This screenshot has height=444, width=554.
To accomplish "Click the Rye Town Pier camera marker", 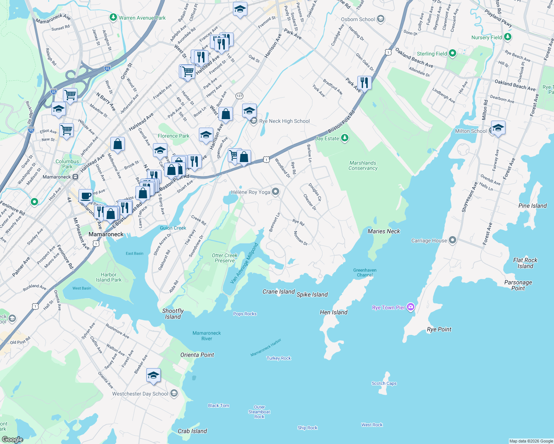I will click(410, 307).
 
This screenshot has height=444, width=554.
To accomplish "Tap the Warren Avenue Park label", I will click(142, 18).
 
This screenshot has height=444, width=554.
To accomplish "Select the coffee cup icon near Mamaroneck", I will click(86, 196).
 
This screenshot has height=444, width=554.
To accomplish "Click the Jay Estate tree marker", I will click(345, 138).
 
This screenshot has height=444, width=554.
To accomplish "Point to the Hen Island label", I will click(334, 312).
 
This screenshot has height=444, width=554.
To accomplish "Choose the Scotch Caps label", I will click(384, 383).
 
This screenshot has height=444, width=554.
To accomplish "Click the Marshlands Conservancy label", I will click(363, 165).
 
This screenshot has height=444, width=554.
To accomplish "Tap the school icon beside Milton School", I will click(498, 128).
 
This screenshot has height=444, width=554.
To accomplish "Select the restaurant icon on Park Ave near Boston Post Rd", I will click(364, 83).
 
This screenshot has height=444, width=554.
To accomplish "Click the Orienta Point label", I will click(197, 355).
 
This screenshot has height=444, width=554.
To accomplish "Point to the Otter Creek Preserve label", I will click(225, 258).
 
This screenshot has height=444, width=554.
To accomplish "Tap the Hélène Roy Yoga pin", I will click(275, 192).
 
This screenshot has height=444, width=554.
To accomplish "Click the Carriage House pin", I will click(452, 240).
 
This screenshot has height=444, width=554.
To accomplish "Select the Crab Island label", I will click(192, 431).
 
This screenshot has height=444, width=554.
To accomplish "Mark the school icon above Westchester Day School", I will click(153, 375).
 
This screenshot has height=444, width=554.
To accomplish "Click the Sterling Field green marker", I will click(452, 54).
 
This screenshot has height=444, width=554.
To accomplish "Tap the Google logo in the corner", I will click(12, 439).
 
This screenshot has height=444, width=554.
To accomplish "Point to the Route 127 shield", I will click(239, 96).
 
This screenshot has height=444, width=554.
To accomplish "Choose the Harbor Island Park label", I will click(109, 277).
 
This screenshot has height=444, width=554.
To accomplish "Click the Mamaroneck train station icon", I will click(75, 177).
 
